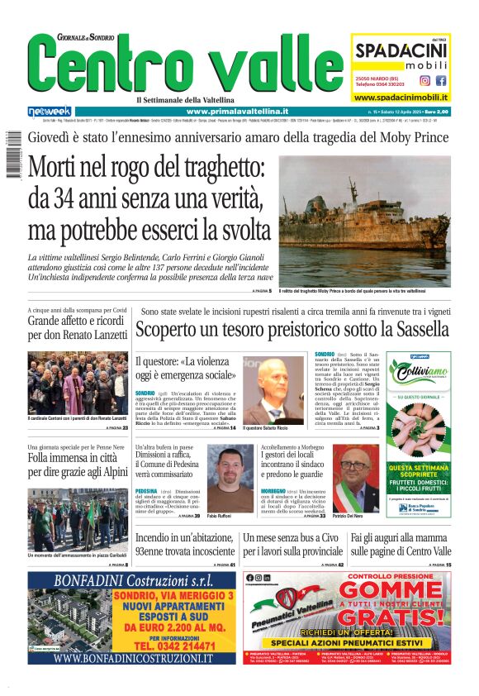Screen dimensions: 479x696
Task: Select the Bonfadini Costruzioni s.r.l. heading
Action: coord(132,581)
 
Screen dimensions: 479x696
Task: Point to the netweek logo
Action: coord(50,112)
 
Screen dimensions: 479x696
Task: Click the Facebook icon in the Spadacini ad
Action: coord(441,81)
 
